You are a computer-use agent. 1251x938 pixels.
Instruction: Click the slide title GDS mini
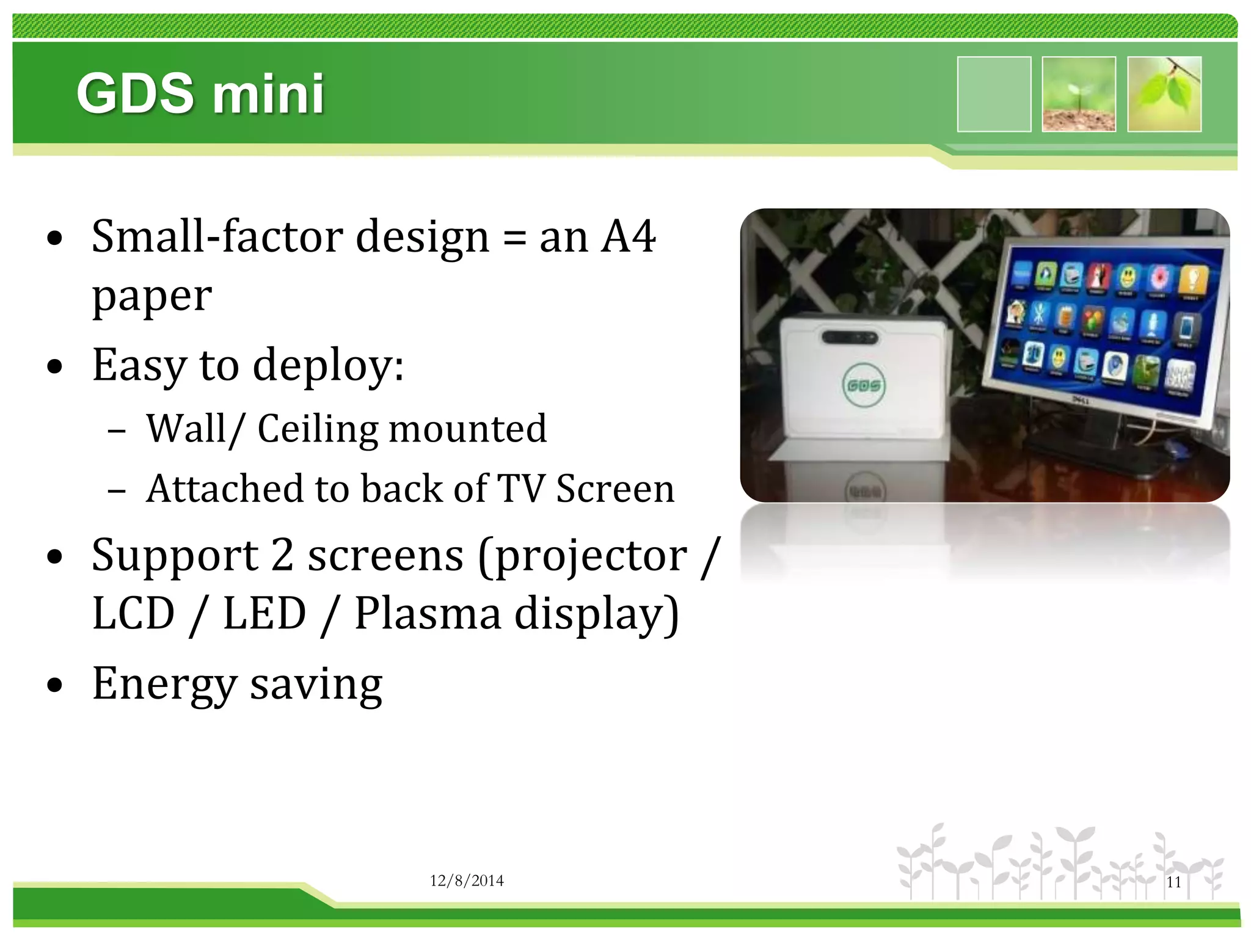point(200,93)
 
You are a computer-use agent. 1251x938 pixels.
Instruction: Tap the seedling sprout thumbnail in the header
point(1079,94)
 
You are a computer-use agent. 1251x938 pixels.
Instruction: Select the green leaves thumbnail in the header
point(1164,94)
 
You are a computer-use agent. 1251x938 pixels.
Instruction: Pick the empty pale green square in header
point(994,94)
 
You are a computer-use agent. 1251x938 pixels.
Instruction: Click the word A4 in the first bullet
point(628,237)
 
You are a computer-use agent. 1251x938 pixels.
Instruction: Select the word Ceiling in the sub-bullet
point(318,429)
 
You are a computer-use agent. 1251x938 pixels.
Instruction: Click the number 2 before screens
point(282,556)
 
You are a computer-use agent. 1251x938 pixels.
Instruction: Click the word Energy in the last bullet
point(164,685)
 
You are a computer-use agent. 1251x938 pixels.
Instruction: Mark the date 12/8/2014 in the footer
point(467,881)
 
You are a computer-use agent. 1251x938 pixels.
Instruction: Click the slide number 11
point(1173,882)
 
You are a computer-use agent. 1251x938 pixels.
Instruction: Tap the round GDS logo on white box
point(864,385)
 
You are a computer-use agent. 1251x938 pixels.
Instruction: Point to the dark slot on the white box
point(850,337)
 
